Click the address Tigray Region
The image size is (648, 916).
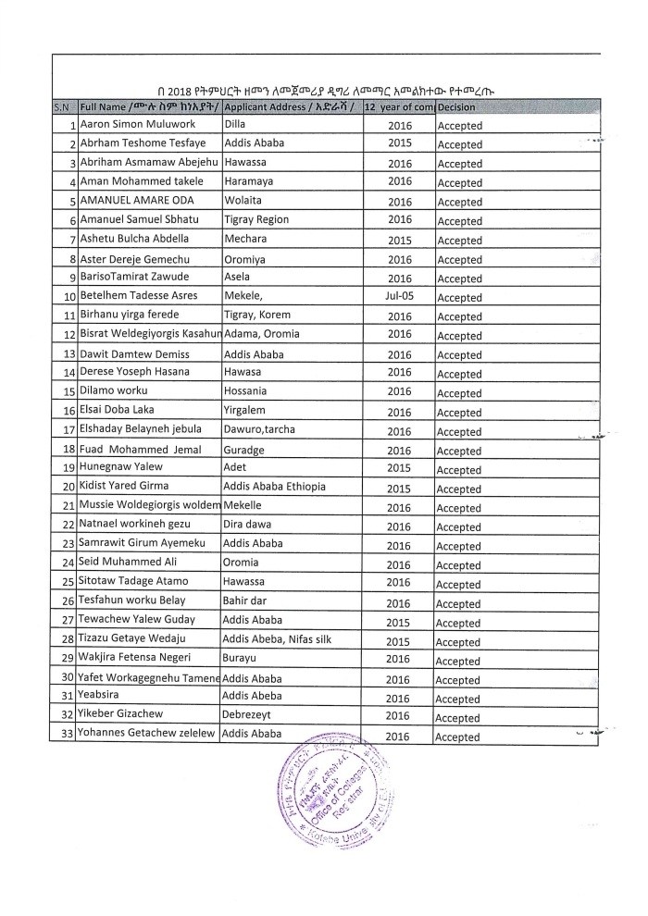(x=256, y=220)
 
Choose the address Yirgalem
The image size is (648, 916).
(x=245, y=412)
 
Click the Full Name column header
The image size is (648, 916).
(x=149, y=108)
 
